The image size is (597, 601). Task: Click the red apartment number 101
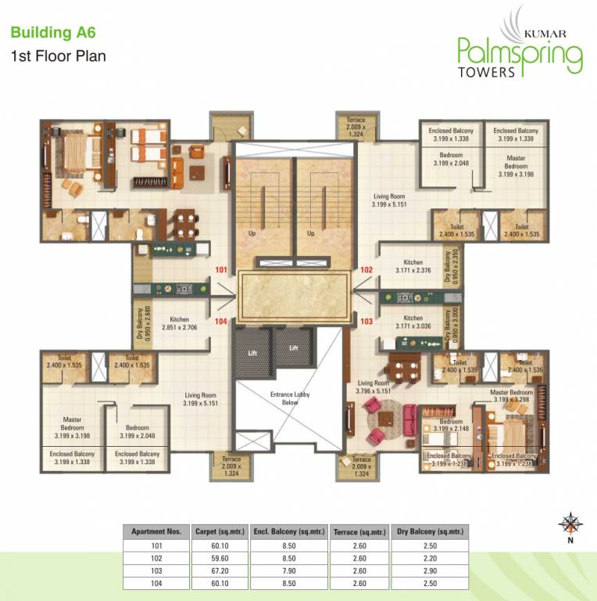[x=221, y=271]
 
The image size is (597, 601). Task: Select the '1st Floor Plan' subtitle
[x=58, y=56]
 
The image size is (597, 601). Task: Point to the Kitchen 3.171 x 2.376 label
[x=413, y=267]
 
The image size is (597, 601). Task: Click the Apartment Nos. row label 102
[x=156, y=557]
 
